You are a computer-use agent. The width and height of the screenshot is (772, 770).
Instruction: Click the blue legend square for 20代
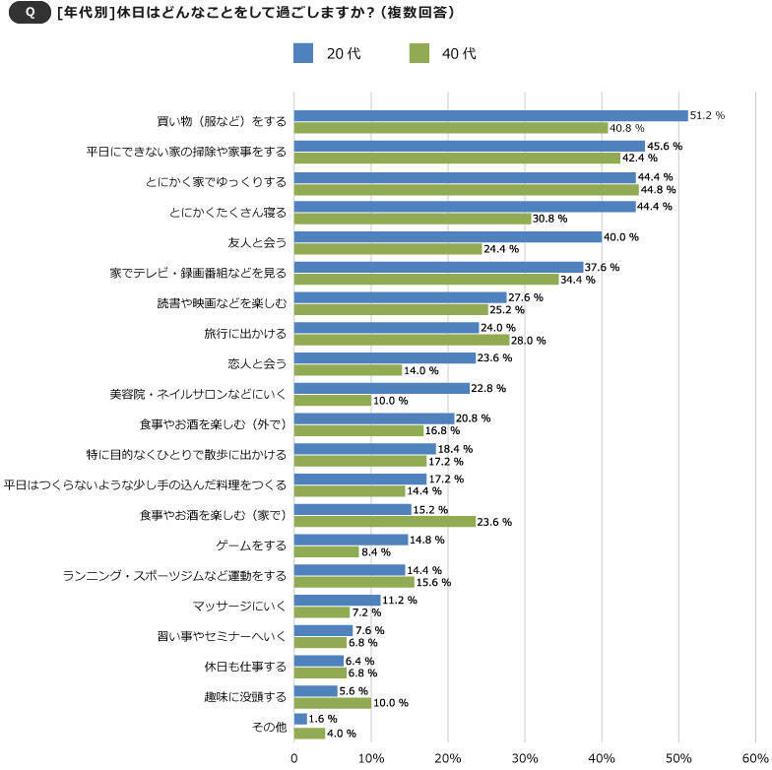pyautogui.click(x=302, y=53)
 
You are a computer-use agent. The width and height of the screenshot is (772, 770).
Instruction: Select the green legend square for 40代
pyautogui.click(x=419, y=53)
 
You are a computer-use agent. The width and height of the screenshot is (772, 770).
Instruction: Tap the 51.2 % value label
pyautogui.click(x=707, y=115)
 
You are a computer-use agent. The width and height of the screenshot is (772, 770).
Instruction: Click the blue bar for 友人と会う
pyautogui.click(x=447, y=236)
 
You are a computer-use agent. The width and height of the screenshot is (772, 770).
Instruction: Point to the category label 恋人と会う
pyautogui.click(x=256, y=363)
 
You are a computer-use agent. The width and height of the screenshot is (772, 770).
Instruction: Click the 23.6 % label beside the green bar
pyautogui.click(x=495, y=522)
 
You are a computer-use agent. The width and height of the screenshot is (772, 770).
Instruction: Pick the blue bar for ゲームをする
pyautogui.click(x=351, y=540)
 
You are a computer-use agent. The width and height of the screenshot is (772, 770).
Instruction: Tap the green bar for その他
pyautogui.click(x=309, y=733)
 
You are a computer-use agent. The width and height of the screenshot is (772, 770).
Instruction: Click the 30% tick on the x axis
pyautogui.click(x=525, y=757)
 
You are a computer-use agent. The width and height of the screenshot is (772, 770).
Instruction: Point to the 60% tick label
pyautogui.click(x=754, y=757)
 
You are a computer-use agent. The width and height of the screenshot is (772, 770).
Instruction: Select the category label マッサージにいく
pyautogui.click(x=239, y=605)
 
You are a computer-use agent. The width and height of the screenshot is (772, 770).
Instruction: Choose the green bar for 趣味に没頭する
pyautogui.click(x=333, y=703)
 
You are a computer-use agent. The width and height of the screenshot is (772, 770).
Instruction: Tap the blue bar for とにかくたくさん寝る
pyautogui.click(x=465, y=207)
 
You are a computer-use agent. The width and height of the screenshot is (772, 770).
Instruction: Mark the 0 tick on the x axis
pyautogui.click(x=294, y=757)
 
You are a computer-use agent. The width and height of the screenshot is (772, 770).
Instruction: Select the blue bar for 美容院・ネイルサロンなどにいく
pyautogui.click(x=382, y=388)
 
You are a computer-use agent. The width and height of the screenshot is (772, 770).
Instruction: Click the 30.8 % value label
pyautogui.click(x=550, y=219)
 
